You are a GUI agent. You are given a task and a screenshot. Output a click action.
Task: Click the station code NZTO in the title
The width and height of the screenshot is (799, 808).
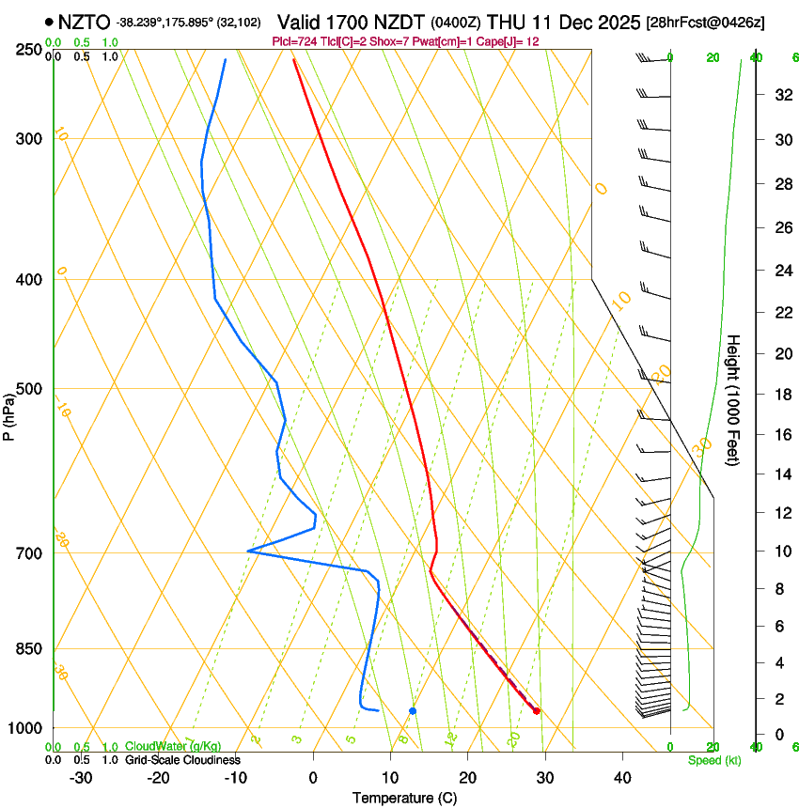(x=83, y=22)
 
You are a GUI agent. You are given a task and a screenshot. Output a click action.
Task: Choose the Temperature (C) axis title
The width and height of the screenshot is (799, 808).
(x=404, y=798)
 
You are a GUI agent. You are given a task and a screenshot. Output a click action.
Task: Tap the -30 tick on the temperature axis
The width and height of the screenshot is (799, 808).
(x=81, y=778)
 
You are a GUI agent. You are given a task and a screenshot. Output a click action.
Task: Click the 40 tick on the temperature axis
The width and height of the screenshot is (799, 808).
(x=622, y=778)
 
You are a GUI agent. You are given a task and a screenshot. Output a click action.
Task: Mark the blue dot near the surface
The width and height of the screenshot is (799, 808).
(x=413, y=711)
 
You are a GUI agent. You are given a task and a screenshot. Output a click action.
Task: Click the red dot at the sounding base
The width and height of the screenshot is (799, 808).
(x=537, y=711)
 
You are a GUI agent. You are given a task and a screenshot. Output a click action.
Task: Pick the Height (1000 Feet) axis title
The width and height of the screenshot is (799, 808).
(x=733, y=400)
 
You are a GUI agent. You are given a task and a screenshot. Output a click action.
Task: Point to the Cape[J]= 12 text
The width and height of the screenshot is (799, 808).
(x=507, y=42)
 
